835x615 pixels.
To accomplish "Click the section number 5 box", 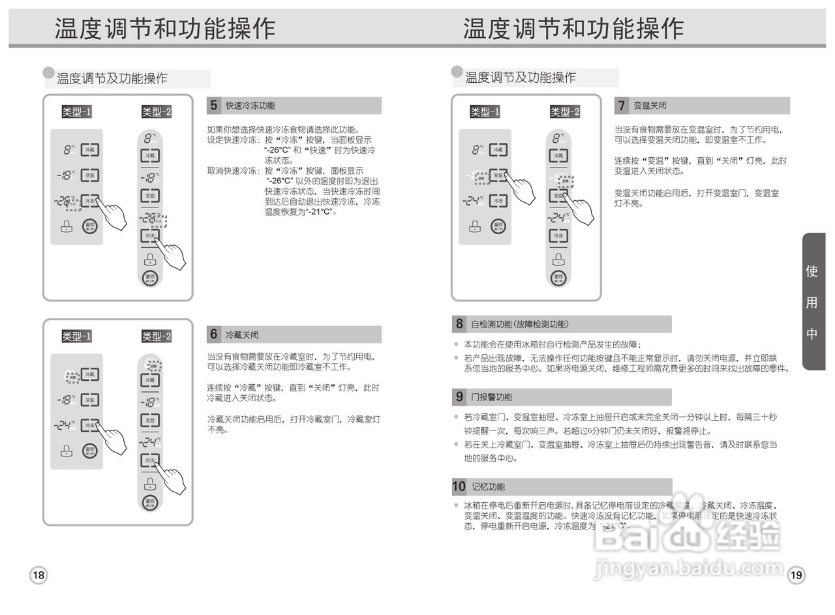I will [213, 106].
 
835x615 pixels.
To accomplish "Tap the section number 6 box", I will [213, 335].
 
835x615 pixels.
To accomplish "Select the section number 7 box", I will [622, 106].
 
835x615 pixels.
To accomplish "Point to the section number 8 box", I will [459, 323].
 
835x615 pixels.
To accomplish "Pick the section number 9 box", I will [459, 397].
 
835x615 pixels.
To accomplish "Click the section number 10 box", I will [459, 487].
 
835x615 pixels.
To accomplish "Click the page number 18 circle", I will [38, 575].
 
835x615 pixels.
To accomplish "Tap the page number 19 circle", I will [796, 575].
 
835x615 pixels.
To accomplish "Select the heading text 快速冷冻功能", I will [250, 106].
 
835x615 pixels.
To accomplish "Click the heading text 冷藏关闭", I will [242, 335].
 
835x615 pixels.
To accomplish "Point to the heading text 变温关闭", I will [650, 106].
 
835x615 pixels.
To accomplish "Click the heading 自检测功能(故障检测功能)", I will [520, 324].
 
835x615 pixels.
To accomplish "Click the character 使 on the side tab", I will [812, 271].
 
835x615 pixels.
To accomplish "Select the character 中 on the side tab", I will [812, 333].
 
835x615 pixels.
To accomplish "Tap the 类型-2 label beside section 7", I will [564, 112].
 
